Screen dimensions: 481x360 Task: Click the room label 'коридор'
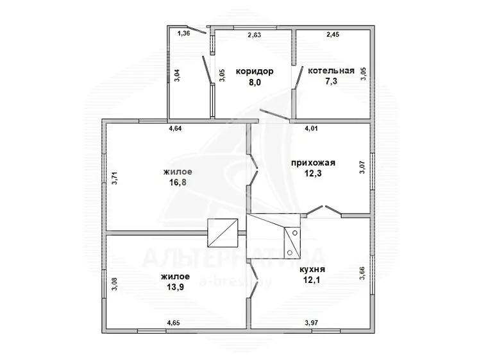pyautogui.click(x=255, y=71)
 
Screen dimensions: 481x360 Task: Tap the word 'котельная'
pyautogui.click(x=332, y=71)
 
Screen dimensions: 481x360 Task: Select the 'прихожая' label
pyautogui.click(x=313, y=163)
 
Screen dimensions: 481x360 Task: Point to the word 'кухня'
pyautogui.click(x=312, y=270)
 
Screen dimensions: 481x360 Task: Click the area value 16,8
pyautogui.click(x=178, y=183)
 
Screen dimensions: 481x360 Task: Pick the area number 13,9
pyautogui.click(x=176, y=287)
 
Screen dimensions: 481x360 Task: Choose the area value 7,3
pyautogui.click(x=332, y=81)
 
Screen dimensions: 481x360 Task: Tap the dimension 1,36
pyautogui.click(x=184, y=33)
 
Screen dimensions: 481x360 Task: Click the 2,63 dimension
pyautogui.click(x=255, y=35)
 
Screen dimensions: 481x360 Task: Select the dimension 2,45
pyautogui.click(x=333, y=35)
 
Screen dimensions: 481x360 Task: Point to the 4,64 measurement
pyautogui.click(x=176, y=128)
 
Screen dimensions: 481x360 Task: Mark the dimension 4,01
pyautogui.click(x=311, y=128)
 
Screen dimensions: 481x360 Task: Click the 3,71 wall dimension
pyautogui.click(x=114, y=178)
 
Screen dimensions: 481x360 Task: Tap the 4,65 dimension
pyautogui.click(x=173, y=323)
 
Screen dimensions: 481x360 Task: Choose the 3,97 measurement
pyautogui.click(x=311, y=323)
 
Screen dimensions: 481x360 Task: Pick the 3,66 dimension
pyautogui.click(x=362, y=273)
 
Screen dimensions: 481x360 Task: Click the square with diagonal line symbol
pyautogui.click(x=223, y=233)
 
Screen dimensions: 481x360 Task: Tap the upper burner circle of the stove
pyautogui.click(x=295, y=233)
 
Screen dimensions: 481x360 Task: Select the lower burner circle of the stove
pyautogui.click(x=290, y=253)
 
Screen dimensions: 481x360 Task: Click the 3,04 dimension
pyautogui.click(x=177, y=75)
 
